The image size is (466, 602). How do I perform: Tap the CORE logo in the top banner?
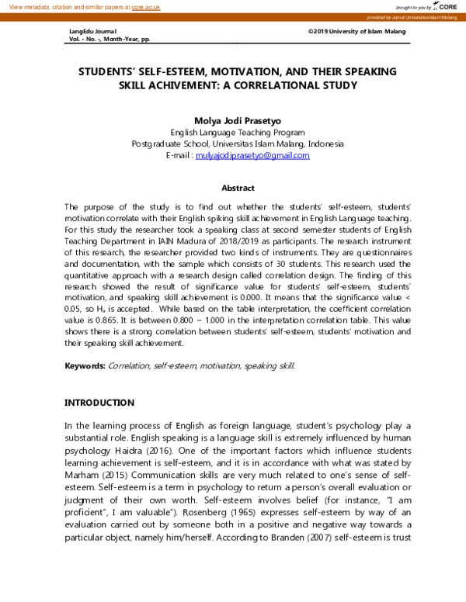pos(447,6)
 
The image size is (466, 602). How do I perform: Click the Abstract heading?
pos(238,188)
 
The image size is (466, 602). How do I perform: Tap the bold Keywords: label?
pos(85,365)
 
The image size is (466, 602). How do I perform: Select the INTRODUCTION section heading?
pos(99,403)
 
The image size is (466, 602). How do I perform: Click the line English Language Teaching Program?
pos(238,133)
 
